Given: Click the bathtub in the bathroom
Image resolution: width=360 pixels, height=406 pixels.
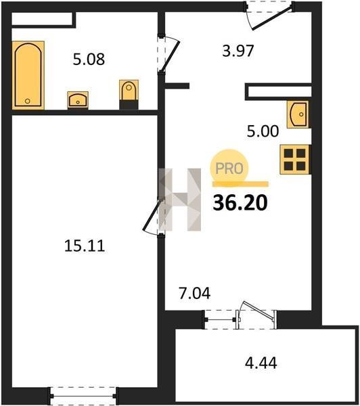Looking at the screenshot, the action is (28, 75).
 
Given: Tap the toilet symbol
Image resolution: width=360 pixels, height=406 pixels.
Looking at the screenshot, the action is (129, 94).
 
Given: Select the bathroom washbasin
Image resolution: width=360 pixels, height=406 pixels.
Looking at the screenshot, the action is (78, 100).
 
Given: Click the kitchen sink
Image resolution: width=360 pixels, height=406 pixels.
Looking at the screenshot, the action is (298, 114).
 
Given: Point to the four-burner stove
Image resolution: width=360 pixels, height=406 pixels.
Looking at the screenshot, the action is (295, 159).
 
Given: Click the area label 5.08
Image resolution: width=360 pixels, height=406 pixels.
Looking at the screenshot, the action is (89, 60).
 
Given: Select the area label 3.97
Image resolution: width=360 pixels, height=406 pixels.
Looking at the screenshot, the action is (238, 51).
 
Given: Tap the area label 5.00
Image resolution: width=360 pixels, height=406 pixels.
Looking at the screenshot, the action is (263, 131).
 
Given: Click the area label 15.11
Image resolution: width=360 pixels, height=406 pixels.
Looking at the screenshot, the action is (85, 246).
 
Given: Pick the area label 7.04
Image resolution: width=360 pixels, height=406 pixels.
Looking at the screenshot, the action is (195, 294).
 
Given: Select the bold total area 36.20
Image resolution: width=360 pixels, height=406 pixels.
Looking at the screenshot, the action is (240, 203).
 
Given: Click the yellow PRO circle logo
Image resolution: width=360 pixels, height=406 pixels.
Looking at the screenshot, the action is (229, 168).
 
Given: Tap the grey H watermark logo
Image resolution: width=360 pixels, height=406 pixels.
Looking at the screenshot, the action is (180, 200).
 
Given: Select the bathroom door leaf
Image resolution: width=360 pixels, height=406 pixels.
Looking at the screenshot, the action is (170, 55).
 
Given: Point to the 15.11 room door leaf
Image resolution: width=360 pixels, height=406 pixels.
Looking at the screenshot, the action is (152, 215).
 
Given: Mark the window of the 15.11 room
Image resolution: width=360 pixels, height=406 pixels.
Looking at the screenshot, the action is (83, 396).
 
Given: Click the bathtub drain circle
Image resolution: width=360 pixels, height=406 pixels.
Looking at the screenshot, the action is (28, 101).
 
